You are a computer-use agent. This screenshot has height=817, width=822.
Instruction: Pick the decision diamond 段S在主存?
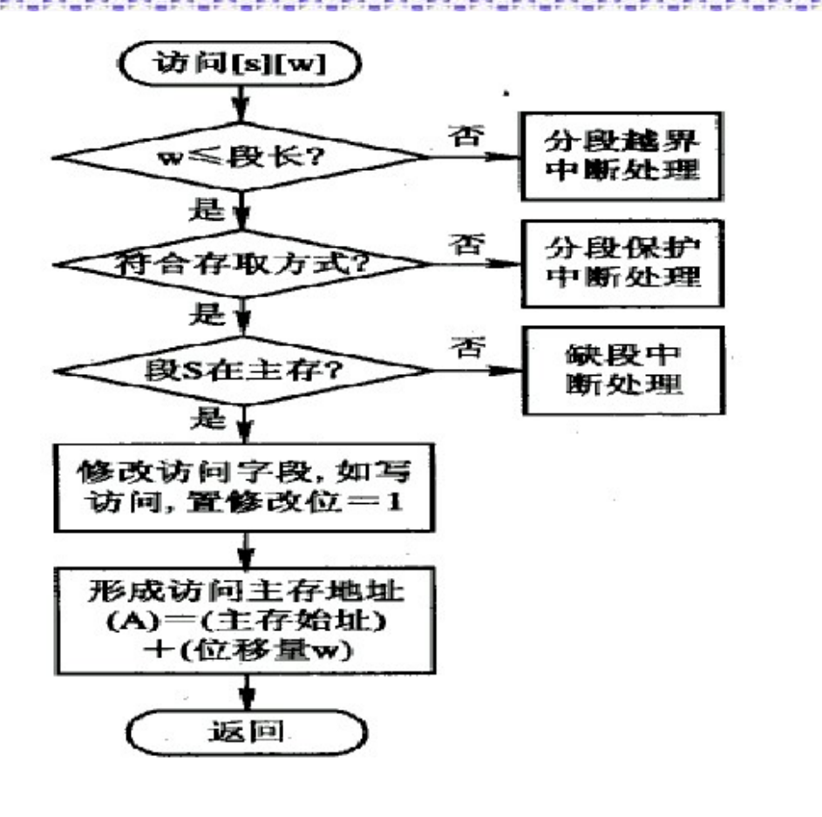tap(241, 369)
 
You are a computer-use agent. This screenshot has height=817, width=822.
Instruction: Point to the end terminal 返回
tap(243, 732)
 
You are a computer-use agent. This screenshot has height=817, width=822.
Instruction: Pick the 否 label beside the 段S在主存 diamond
tap(465, 349)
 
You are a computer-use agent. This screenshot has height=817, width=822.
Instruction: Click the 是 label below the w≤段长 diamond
tap(204, 210)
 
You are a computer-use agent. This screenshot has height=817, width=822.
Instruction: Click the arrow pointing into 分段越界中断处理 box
tap(497, 158)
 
